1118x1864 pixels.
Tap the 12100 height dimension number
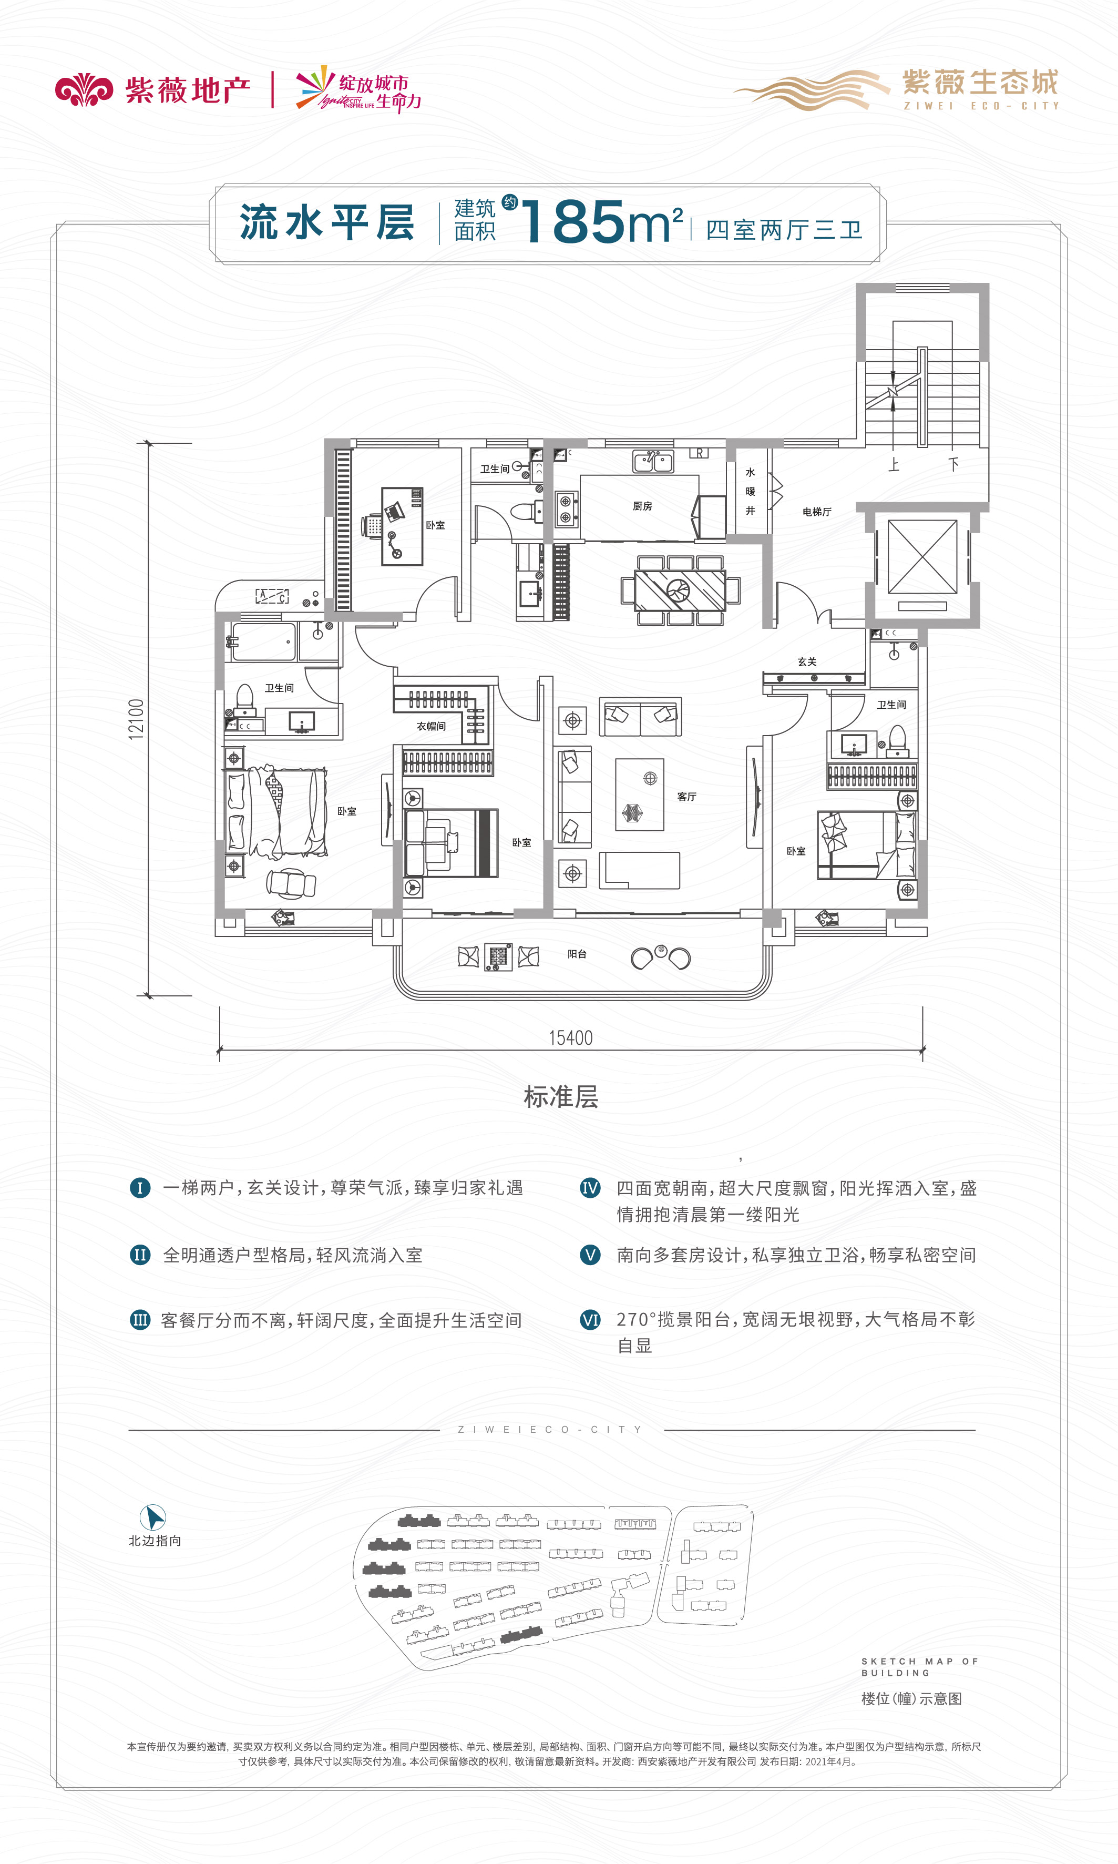(x=136, y=719)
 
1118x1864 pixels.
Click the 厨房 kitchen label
(x=643, y=506)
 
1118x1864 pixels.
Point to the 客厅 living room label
(x=686, y=797)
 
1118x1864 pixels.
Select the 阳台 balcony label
(x=577, y=954)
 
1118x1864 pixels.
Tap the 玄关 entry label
(x=807, y=661)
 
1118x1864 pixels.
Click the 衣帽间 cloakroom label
(x=431, y=726)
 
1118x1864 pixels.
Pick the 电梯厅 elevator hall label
(x=817, y=512)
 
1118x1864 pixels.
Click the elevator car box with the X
(x=922, y=557)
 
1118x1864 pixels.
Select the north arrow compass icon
(x=153, y=1517)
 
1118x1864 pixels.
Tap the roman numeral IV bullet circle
(x=590, y=1188)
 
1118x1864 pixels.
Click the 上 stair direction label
(x=894, y=464)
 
